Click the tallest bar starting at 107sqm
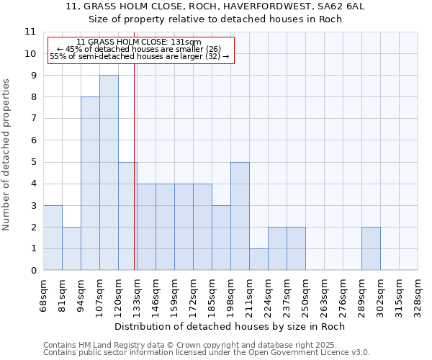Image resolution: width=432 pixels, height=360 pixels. [109, 173]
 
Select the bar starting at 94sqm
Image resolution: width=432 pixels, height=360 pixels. [90, 184]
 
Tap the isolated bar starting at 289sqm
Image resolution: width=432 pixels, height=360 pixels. [371, 248]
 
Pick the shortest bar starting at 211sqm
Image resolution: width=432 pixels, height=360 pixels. [258, 259]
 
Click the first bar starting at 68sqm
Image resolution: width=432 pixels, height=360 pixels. [53, 238]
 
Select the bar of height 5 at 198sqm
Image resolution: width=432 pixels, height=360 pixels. [240, 216]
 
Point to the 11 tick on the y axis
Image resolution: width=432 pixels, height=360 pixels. [30, 32]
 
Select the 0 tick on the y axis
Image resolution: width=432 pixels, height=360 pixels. [33, 271]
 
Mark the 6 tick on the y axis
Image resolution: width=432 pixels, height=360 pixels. [33, 140]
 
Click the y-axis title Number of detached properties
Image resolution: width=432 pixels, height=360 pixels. [7, 155]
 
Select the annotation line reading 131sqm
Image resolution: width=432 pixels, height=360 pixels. [139, 42]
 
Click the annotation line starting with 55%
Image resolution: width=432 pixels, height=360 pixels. [139, 56]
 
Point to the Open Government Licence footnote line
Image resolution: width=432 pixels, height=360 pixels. [207, 352]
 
